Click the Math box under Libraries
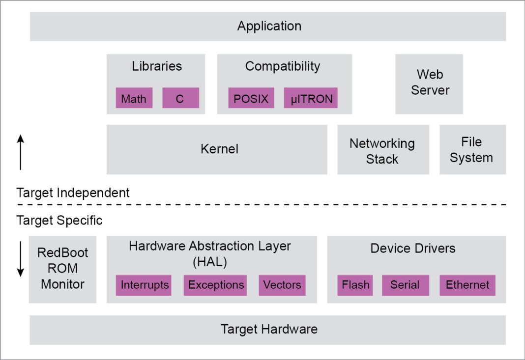pyautogui.click(x=134, y=98)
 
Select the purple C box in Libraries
pyautogui.click(x=180, y=98)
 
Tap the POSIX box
pyautogui.click(x=251, y=98)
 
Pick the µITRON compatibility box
pyautogui.click(x=311, y=98)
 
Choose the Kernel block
pyautogui.click(x=216, y=149)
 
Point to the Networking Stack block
pyautogui.click(x=382, y=150)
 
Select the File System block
pyautogui.click(x=472, y=149)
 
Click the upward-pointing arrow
pyautogui.click(x=20, y=153)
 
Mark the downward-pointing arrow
pyautogui.click(x=20, y=258)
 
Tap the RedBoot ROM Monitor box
pyautogui.click(x=62, y=269)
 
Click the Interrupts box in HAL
pyautogui.click(x=144, y=285)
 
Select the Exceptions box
pyautogui.click(x=216, y=285)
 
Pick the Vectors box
pyautogui.click(x=282, y=285)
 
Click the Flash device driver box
pyautogui.click(x=355, y=285)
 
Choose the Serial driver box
pyautogui.click(x=405, y=285)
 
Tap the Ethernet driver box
pyautogui.click(x=467, y=285)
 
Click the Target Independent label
pyautogui.click(x=73, y=193)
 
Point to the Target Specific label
pyautogui.click(x=59, y=220)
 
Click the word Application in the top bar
pyautogui.click(x=269, y=26)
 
